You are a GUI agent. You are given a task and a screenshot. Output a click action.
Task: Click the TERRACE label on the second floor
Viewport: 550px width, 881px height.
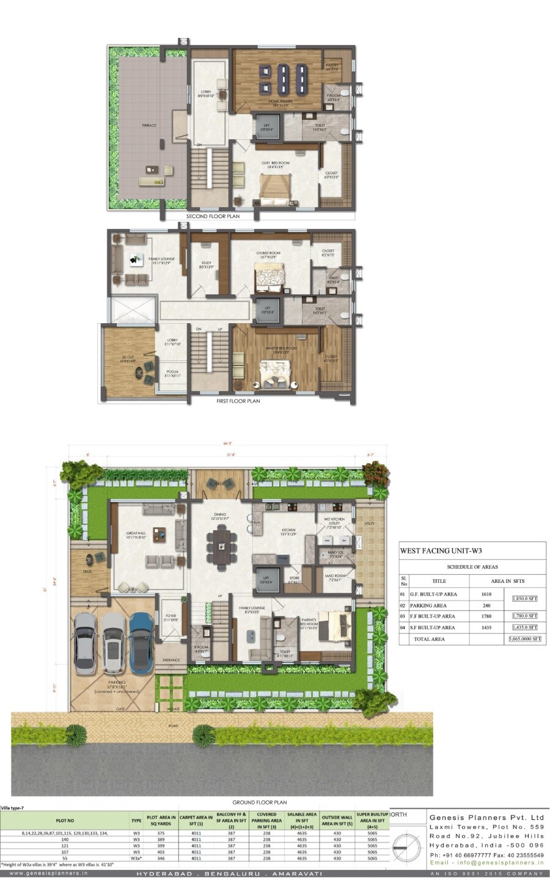point(149,125)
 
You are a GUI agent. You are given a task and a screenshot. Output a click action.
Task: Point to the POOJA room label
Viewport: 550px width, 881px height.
point(172,375)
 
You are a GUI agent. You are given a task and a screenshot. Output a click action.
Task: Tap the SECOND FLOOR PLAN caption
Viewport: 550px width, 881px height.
point(213,216)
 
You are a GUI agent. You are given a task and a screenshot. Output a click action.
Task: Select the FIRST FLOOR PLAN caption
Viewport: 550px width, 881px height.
point(238,401)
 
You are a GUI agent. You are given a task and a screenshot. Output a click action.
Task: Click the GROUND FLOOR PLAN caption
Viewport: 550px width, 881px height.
point(260,802)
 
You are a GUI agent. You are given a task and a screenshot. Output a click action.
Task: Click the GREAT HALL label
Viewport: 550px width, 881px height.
point(136,533)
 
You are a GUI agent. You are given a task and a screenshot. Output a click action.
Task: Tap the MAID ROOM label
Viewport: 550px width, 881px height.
point(335,576)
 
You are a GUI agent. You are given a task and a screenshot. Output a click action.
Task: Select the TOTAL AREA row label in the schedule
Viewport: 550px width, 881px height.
point(430,639)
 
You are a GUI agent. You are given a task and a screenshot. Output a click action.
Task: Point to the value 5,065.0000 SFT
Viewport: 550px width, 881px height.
point(525,639)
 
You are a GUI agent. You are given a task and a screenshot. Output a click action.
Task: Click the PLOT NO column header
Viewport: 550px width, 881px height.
point(65,821)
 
